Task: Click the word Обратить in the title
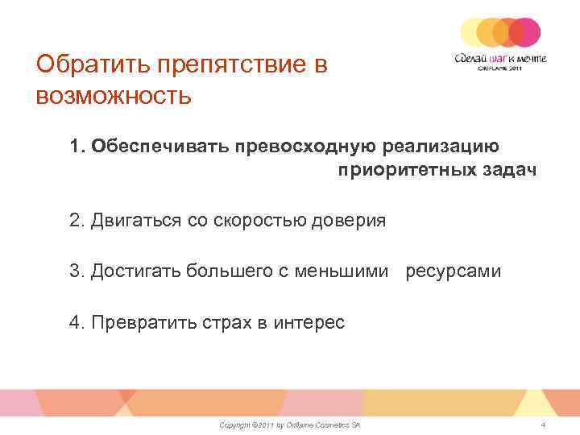pyautogui.click(x=86, y=64)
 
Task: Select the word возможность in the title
pyautogui.click(x=114, y=96)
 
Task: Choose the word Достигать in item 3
pyautogui.click(x=136, y=271)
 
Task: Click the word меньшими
pyautogui.click(x=344, y=271)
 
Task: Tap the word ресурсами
pyautogui.click(x=453, y=271)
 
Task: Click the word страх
pyautogui.click(x=225, y=323)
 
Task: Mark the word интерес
pyautogui.click(x=309, y=323)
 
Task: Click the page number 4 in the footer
pyautogui.click(x=544, y=424)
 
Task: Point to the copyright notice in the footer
pyautogui.click(x=289, y=424)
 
